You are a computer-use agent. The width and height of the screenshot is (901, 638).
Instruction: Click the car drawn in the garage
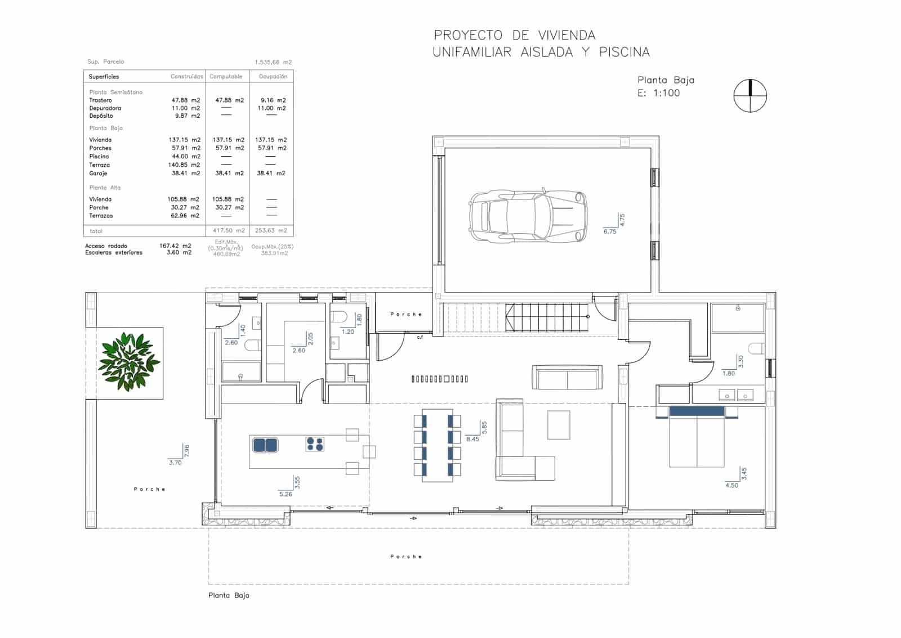tap(528, 216)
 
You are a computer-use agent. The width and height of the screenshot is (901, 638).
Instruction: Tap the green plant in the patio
tap(129, 362)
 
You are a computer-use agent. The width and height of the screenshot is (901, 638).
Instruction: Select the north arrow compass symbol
tap(750, 95)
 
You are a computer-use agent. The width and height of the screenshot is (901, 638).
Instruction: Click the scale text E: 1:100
tap(658, 94)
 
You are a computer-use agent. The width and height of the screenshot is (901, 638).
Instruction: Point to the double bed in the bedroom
tap(697, 437)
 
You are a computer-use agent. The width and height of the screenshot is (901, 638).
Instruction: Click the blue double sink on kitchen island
tap(265, 445)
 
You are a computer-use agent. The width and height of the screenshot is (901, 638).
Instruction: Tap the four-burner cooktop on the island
tap(315, 444)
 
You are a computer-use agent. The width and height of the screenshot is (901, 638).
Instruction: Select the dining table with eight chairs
tap(437, 445)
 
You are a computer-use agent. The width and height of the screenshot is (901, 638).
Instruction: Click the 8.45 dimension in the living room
tap(472, 439)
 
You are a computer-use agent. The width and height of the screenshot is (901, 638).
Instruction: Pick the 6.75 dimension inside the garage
tap(610, 232)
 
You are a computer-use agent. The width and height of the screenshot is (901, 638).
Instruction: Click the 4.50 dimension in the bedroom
tap(731, 485)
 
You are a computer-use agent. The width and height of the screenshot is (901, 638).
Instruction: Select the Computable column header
tap(226, 77)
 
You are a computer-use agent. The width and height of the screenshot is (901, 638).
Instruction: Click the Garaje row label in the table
tap(98, 174)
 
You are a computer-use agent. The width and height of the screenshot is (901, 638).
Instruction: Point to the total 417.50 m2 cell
tap(229, 231)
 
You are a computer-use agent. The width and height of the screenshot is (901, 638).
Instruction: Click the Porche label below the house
tap(406, 557)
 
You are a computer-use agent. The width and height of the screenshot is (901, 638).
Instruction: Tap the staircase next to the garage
tap(546, 318)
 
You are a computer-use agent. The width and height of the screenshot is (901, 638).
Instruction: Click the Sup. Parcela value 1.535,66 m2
tap(273, 63)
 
